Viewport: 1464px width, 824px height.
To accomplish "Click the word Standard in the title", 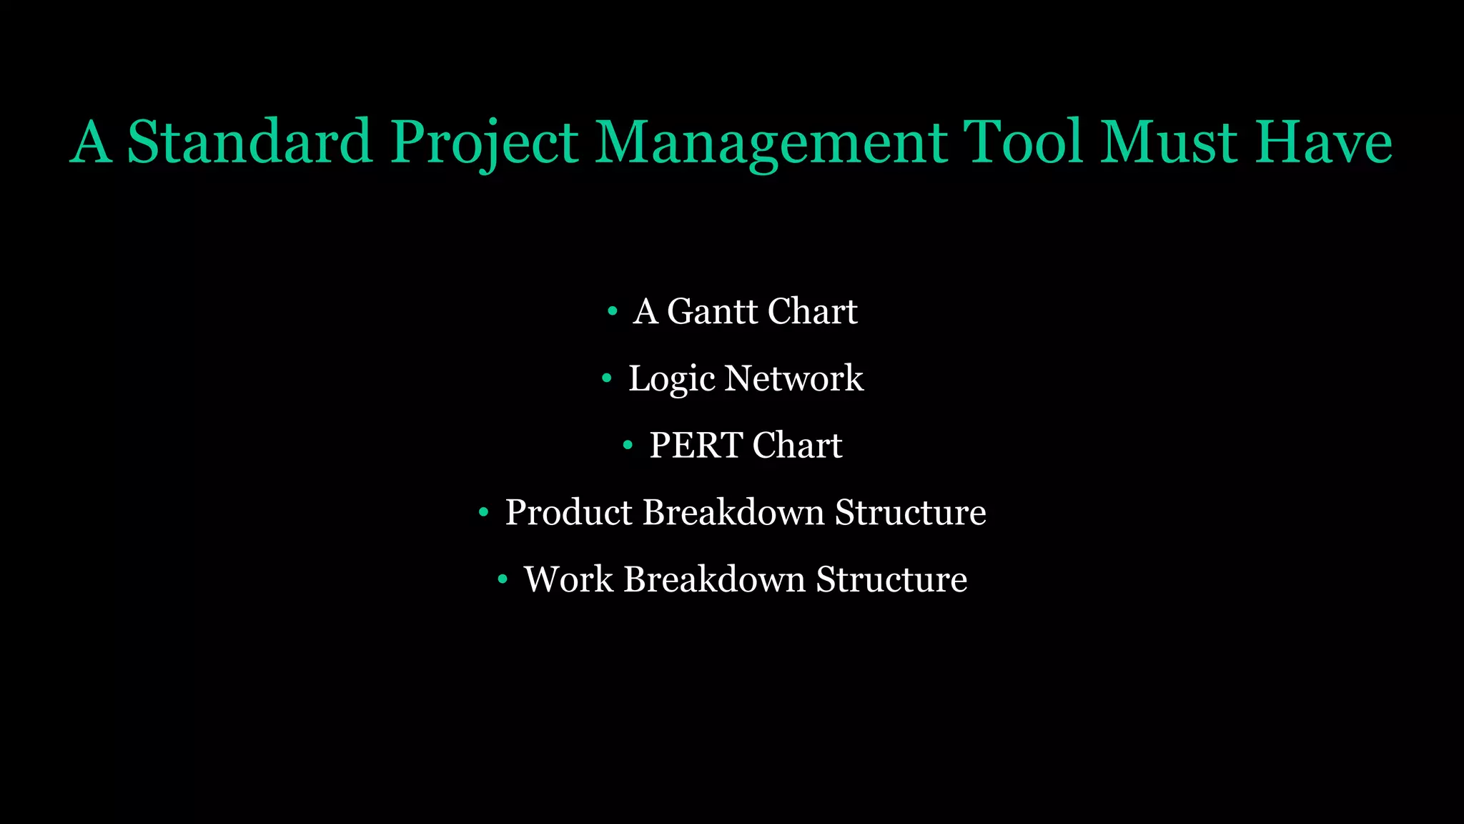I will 249,142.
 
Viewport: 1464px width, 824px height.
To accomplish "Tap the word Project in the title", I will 484,142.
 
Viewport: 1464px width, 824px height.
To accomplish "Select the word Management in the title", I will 771,142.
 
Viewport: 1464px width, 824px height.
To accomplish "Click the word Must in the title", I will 1168,142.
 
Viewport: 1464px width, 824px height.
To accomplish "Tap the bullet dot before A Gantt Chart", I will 612,311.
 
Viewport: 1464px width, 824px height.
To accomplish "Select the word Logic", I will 671,378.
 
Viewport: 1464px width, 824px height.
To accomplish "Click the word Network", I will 793,378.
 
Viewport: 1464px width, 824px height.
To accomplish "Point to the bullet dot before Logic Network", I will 607,378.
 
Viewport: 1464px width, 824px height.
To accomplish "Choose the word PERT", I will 696,446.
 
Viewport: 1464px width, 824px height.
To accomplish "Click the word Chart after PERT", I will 797,446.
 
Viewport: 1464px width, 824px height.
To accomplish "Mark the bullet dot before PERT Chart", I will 628,446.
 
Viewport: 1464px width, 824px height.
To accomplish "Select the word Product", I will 568,513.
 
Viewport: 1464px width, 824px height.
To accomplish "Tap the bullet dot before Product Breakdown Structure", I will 484,512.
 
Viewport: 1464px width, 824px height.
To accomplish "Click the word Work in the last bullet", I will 568,579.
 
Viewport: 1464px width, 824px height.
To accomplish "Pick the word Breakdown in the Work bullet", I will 714,579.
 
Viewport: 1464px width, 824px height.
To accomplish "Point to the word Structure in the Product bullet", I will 911,513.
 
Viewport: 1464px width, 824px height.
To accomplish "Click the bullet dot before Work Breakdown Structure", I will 503,579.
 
